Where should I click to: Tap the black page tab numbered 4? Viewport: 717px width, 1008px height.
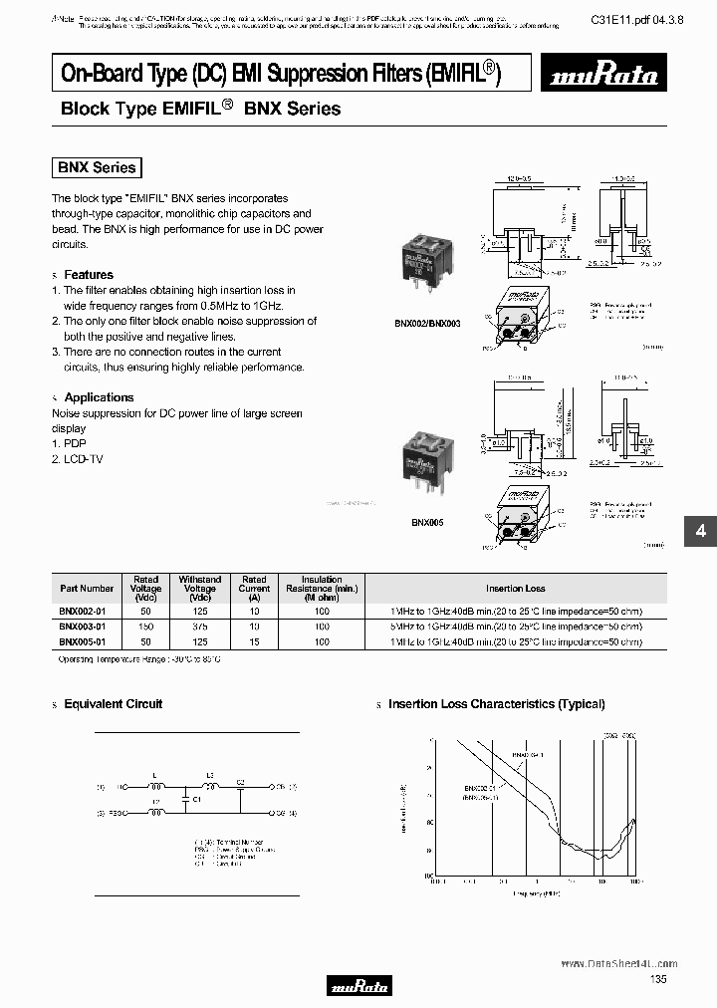coord(700,532)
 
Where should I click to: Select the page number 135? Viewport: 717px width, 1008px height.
coord(658,980)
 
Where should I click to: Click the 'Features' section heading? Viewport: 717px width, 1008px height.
coord(89,275)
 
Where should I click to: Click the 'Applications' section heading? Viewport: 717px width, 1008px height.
coord(99,397)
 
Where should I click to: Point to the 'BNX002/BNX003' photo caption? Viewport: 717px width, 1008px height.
coord(421,325)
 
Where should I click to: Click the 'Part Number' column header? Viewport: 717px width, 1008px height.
coord(87,589)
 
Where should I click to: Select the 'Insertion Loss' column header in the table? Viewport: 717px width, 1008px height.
coord(515,589)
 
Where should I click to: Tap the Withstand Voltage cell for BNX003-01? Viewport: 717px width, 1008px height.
coord(199,627)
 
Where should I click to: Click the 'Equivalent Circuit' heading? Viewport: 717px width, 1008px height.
coord(113,704)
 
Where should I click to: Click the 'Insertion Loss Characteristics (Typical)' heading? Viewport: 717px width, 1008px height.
coord(496,704)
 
